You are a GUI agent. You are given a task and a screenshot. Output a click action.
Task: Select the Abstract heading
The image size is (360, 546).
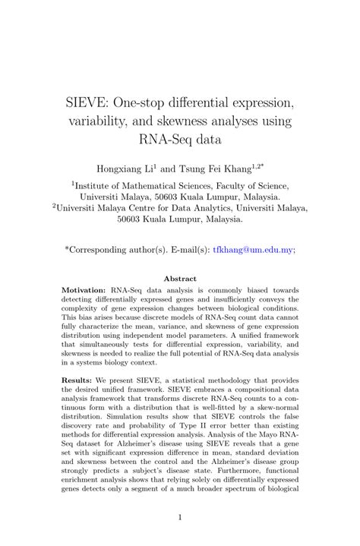click(x=180, y=279)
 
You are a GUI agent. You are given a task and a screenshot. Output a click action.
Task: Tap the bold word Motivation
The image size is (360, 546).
click(x=84, y=290)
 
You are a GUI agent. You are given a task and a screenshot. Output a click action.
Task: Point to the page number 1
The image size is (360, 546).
click(x=180, y=518)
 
